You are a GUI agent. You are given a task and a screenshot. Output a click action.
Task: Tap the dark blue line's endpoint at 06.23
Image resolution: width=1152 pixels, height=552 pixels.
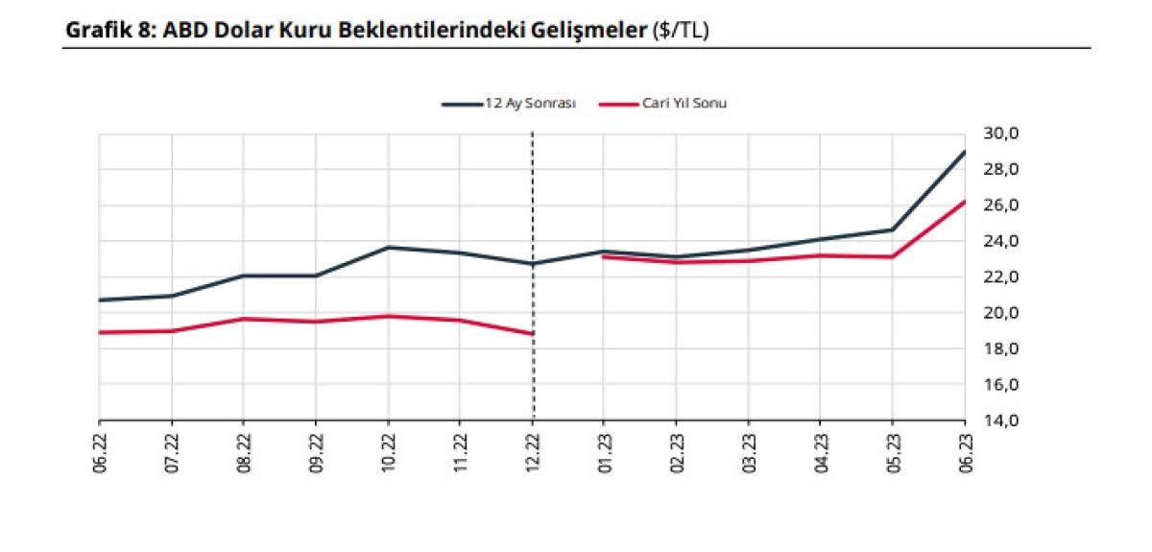(x=964, y=152)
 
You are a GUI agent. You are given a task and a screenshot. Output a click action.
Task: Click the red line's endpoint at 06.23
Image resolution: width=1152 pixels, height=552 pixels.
(x=964, y=202)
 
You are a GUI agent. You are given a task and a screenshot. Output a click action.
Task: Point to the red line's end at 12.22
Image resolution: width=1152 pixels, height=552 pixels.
(x=533, y=334)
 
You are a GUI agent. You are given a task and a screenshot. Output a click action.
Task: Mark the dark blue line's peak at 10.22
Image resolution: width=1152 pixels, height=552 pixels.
(x=388, y=247)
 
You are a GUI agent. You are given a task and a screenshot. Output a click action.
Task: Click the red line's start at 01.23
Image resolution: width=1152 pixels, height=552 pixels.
(x=603, y=256)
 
